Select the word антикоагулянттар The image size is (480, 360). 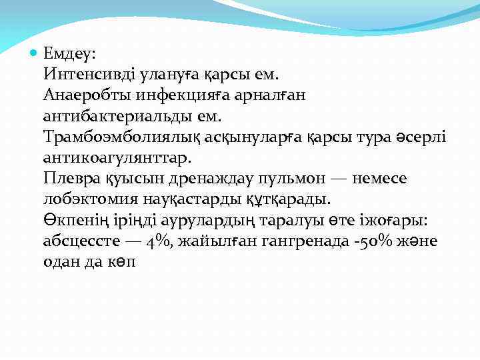[116, 159]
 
